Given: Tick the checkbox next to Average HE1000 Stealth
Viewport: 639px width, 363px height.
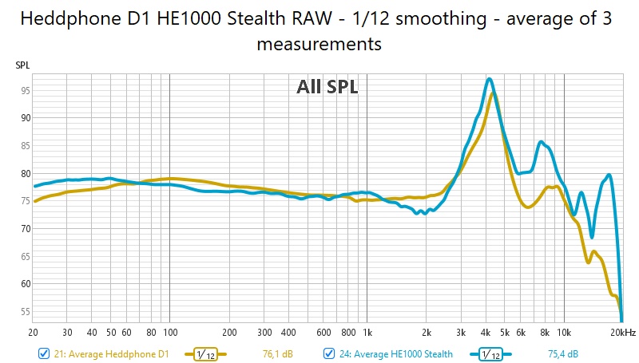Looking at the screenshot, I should coord(328,353).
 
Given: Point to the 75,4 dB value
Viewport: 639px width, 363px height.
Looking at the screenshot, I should coord(562,353).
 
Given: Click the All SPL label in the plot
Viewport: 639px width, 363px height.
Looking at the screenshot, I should coord(327,88).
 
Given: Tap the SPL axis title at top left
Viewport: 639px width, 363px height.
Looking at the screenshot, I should coord(22,65).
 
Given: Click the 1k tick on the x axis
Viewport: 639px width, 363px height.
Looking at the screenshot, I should coord(367,332).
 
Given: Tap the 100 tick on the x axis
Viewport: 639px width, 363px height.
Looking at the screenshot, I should coord(169,332).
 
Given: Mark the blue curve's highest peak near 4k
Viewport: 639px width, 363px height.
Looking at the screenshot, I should coord(489,79).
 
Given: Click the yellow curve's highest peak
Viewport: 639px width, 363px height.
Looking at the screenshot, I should coord(494,93).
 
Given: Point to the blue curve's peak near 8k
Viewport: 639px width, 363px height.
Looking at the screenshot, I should coord(542,142).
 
